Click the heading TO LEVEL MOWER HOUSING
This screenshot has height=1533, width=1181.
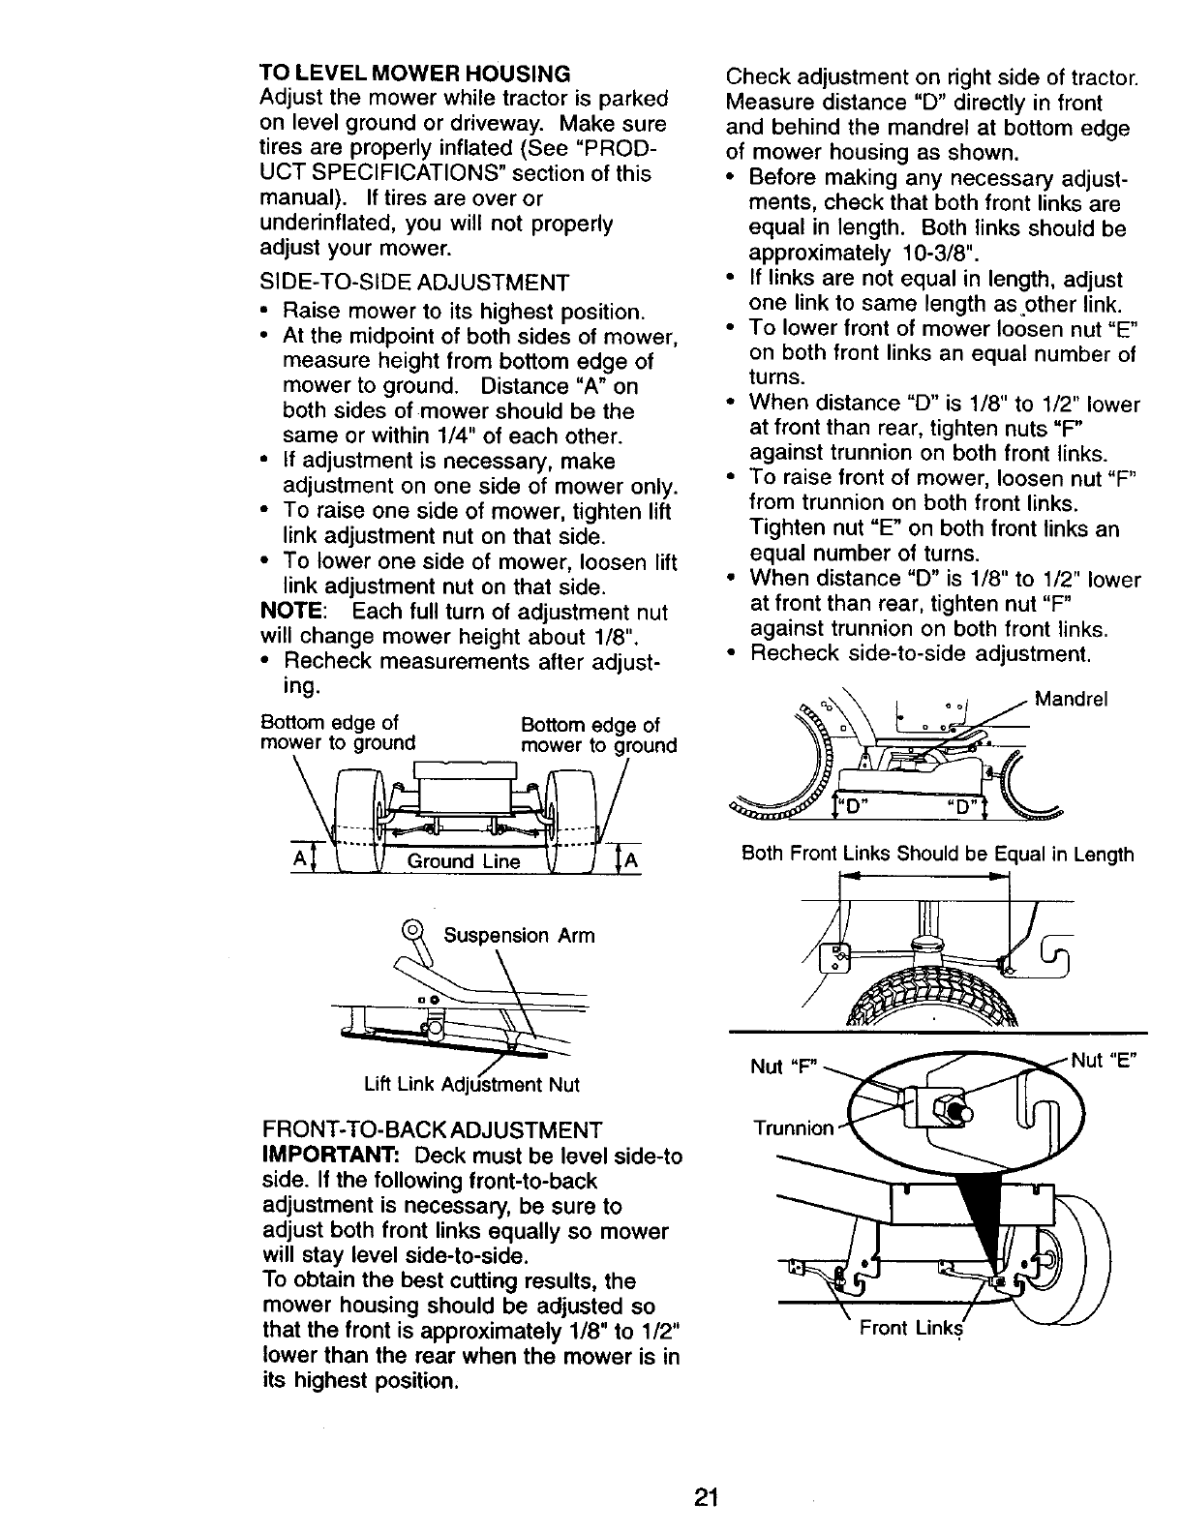[x=414, y=74]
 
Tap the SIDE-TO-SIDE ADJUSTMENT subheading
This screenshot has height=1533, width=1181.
[x=413, y=283]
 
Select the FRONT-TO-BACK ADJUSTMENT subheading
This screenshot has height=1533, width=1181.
[x=432, y=1129]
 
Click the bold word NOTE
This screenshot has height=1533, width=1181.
[x=292, y=613]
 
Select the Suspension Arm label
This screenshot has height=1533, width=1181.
[x=519, y=936]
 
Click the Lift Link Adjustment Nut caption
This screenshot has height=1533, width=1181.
[x=471, y=1084]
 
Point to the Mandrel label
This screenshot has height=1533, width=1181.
[x=1072, y=699]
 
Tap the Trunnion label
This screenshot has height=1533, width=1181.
[x=793, y=1128]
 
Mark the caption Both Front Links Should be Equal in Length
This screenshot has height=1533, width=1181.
[x=937, y=855]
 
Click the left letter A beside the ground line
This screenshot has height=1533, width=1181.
[x=298, y=861]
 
